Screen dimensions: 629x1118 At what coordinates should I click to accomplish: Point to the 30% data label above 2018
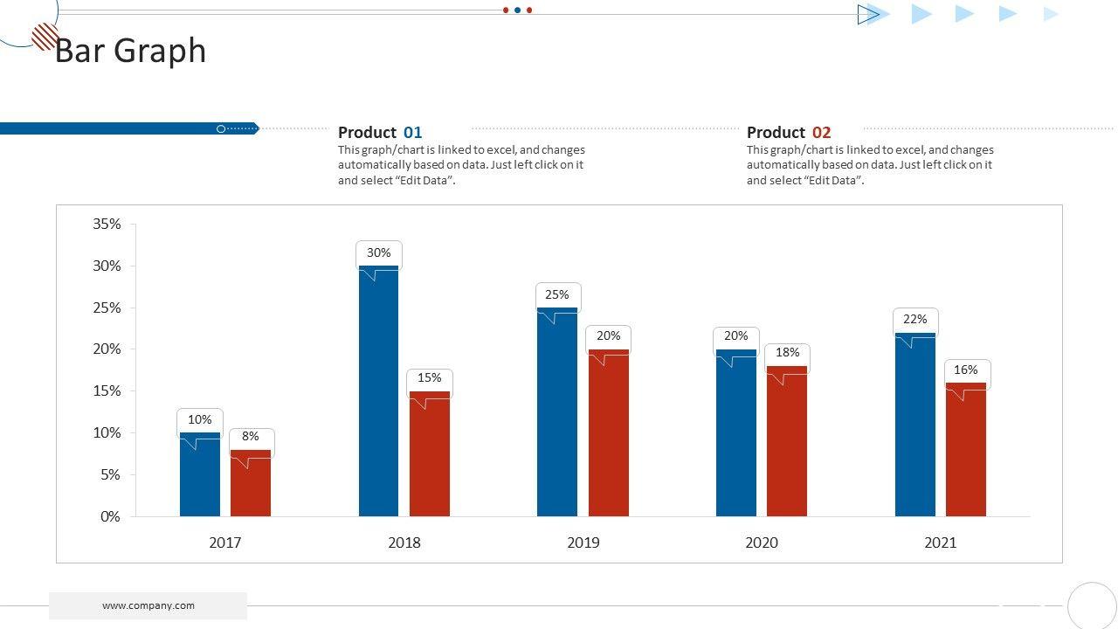(x=379, y=253)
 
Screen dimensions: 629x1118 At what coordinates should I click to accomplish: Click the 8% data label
(x=252, y=437)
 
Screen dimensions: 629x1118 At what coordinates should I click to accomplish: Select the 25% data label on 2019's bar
(x=557, y=295)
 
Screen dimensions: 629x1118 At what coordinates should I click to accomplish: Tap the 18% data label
(x=788, y=353)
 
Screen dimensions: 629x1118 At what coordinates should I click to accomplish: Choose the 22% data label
(x=915, y=320)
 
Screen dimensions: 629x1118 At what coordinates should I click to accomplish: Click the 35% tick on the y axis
(x=107, y=225)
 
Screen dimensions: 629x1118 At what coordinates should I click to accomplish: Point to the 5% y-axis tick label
(x=110, y=475)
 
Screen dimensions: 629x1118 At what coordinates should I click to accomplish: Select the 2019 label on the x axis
(x=583, y=543)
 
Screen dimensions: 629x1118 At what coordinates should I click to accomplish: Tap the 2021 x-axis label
(x=941, y=543)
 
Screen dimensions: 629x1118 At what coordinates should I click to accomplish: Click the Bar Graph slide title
(x=131, y=52)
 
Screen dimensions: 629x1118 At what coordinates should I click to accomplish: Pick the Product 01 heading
(x=380, y=133)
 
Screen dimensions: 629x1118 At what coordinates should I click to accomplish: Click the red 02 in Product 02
(x=822, y=133)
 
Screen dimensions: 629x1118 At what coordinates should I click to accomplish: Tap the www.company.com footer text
(x=148, y=605)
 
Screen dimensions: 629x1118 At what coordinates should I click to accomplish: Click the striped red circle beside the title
(x=45, y=37)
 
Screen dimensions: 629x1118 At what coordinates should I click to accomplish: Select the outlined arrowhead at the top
(x=868, y=14)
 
